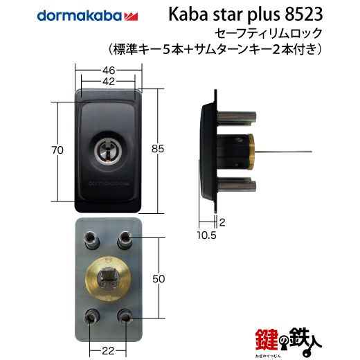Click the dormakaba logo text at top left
click(79, 15)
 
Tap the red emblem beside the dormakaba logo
click(131, 17)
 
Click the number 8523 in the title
click(303, 15)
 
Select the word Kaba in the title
click(188, 15)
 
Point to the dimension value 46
click(109, 70)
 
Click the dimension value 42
click(109, 81)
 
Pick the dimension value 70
click(57, 150)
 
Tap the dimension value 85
click(158, 149)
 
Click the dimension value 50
click(159, 279)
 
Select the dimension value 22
click(108, 351)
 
